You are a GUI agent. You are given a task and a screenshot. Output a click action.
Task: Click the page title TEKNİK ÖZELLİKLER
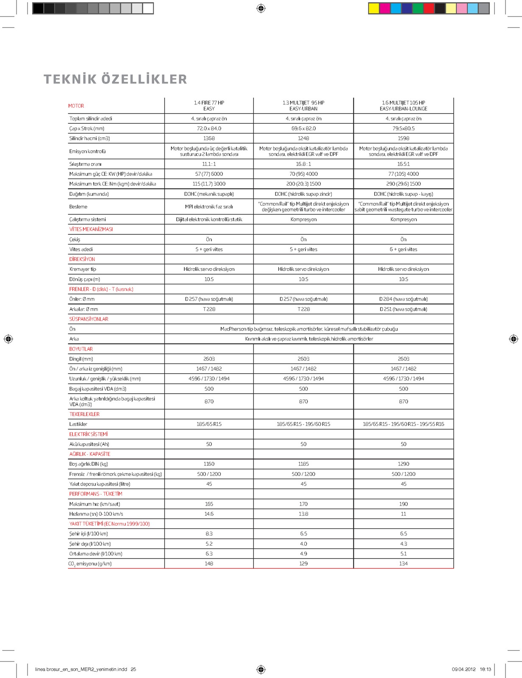click(x=115, y=79)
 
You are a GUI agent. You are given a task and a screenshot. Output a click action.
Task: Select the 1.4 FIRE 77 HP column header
click(x=209, y=106)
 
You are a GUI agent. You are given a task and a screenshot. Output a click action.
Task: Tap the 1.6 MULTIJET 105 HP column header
click(x=403, y=106)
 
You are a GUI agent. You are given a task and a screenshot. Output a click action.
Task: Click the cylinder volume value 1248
click(x=303, y=139)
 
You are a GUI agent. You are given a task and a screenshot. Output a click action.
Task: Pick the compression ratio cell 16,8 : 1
click(x=303, y=164)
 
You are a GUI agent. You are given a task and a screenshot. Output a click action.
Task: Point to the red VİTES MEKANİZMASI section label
click(x=91, y=229)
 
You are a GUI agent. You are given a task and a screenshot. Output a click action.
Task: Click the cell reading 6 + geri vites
click(x=403, y=250)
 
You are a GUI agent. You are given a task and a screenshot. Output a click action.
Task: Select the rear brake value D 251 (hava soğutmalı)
click(x=403, y=309)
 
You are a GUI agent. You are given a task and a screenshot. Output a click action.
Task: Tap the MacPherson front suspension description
click(x=309, y=329)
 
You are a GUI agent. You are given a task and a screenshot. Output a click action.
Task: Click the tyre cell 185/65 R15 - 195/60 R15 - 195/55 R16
click(x=403, y=424)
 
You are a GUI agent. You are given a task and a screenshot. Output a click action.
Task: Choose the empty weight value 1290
click(x=403, y=464)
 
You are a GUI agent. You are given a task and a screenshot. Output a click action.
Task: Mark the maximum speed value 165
click(x=209, y=504)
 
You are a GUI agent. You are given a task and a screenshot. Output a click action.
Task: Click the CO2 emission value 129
click(x=303, y=564)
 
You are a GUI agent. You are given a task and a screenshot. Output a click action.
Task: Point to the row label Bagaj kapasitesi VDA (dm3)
click(x=98, y=389)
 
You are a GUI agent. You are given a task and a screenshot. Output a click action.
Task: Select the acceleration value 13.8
click(x=303, y=514)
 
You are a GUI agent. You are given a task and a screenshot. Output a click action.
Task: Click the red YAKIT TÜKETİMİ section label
click(x=109, y=524)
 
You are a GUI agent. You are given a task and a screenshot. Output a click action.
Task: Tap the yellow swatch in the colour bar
click(x=374, y=8)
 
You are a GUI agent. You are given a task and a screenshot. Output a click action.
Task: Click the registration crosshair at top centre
click(x=261, y=8)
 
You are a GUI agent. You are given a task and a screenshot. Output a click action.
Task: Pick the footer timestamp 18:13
click(x=485, y=670)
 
